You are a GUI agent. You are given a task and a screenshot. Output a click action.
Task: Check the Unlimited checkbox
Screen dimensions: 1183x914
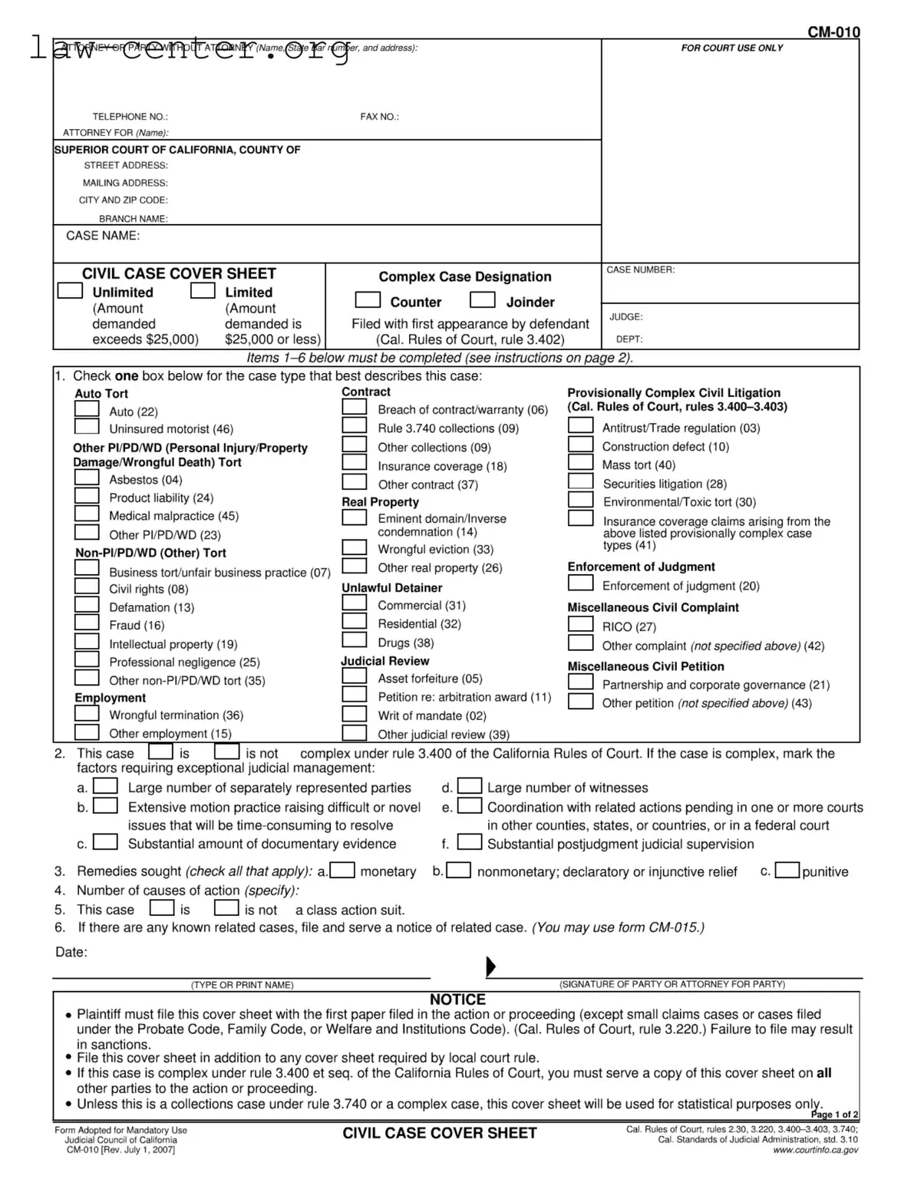(71, 291)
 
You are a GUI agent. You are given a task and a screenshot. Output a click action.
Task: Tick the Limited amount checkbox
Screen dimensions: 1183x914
(203, 291)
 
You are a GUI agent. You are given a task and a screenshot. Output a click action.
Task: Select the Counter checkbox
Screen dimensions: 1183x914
(368, 300)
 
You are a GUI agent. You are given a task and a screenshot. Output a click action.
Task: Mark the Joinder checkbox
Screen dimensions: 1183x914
(483, 300)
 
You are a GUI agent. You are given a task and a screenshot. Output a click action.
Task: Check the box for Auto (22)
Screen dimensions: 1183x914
(87, 410)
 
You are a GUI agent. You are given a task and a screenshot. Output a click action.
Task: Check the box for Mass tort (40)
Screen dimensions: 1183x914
(580, 463)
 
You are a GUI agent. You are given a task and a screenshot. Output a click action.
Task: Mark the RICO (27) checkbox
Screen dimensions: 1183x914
(580, 625)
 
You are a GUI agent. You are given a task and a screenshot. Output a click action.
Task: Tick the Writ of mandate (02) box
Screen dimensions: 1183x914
(354, 714)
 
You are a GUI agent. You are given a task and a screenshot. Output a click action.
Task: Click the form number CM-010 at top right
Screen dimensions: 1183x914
(833, 32)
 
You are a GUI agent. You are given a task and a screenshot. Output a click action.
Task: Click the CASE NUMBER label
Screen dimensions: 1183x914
(640, 270)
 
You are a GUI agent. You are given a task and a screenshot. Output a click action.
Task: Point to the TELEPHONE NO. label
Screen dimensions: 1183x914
(130, 117)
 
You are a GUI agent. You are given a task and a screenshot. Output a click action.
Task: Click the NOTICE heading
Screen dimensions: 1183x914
(457, 1000)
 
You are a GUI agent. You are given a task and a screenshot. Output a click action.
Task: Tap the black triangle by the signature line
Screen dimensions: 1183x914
(491, 967)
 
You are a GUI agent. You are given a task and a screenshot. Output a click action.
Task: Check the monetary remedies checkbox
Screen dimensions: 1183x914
(342, 871)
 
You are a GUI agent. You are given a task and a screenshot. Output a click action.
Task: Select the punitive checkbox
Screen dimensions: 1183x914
(787, 871)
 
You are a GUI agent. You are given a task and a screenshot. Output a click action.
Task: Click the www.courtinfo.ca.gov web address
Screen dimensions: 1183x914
(815, 1150)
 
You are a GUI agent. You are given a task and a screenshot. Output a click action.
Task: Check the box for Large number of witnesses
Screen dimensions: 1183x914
(470, 787)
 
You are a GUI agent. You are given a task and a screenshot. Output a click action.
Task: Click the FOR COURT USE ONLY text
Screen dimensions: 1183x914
(731, 48)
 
